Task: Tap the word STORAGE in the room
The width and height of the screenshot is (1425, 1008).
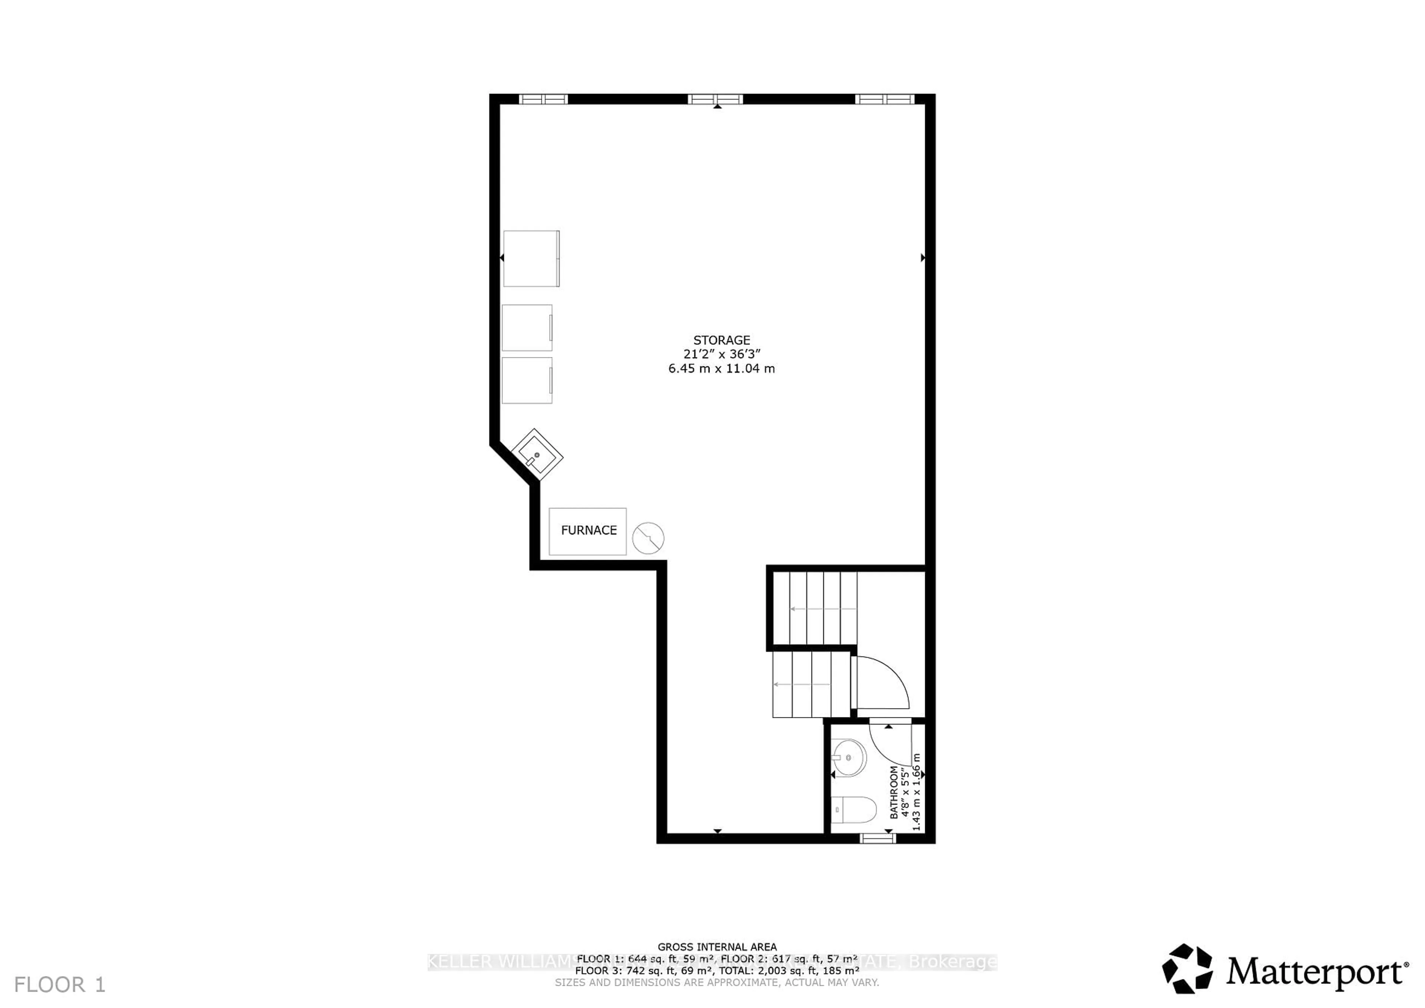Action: pos(721,340)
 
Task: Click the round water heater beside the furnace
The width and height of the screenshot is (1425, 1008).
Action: pos(648,537)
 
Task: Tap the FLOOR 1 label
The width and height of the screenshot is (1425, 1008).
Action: pos(60,984)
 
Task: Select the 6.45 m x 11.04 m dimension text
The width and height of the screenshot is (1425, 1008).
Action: pos(721,369)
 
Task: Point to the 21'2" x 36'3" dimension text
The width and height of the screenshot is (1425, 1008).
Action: pos(721,354)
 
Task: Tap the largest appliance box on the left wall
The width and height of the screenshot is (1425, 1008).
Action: pos(531,258)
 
